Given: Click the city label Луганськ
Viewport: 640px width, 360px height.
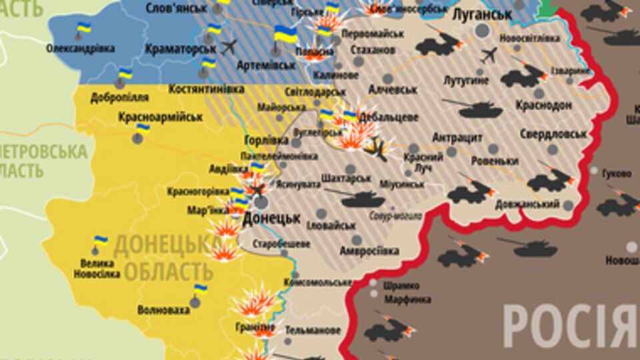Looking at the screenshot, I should click(x=481, y=14).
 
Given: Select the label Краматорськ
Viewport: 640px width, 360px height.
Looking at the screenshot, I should click(x=183, y=49).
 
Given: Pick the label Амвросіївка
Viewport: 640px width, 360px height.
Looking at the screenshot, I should click(x=369, y=251).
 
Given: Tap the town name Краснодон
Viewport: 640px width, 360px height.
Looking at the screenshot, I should click(x=543, y=106).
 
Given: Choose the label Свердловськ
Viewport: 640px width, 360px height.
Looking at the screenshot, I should click(x=554, y=133).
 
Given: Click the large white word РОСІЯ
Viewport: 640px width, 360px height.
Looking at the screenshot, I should click(x=571, y=326).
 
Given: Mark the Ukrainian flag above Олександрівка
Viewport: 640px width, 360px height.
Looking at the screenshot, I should click(x=83, y=28).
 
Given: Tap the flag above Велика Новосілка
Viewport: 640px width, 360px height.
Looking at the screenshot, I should click(x=101, y=241).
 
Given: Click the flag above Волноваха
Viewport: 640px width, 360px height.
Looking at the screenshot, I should click(x=200, y=289).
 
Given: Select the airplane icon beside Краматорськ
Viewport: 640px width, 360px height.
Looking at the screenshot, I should click(x=229, y=47).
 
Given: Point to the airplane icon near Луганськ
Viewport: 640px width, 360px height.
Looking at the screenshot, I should click(x=488, y=55).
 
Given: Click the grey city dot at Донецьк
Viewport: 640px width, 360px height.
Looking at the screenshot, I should click(x=261, y=202).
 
